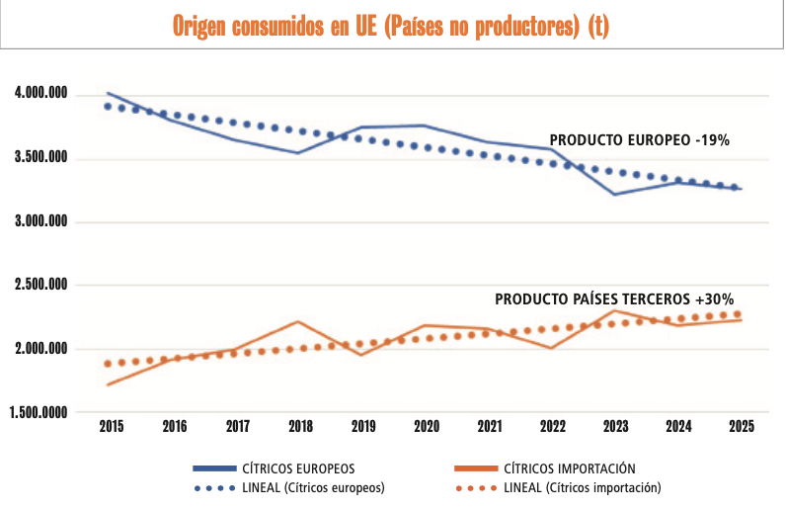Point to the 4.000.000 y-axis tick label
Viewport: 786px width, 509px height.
point(40,94)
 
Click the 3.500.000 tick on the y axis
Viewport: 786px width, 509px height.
point(40,158)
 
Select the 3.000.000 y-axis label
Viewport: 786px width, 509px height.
point(40,221)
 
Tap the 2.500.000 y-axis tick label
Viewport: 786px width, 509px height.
point(40,286)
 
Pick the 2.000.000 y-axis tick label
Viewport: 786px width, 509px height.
point(40,349)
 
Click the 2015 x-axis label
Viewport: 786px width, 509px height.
point(112,427)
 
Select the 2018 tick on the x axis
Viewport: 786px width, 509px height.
point(300,427)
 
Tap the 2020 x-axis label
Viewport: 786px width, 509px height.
point(426,427)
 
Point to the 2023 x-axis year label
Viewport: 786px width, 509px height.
point(614,427)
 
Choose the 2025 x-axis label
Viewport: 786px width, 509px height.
point(741,427)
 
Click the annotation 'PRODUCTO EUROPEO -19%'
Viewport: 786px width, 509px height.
point(639,140)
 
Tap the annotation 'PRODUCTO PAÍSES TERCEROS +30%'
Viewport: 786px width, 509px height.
point(613,298)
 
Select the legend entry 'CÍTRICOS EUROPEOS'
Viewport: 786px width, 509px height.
point(298,468)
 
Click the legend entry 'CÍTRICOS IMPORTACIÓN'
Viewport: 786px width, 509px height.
point(569,468)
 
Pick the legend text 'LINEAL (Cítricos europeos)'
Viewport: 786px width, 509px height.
point(313,487)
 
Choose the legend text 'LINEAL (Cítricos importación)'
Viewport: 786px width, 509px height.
point(582,487)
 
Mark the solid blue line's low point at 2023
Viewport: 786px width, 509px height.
point(614,194)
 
